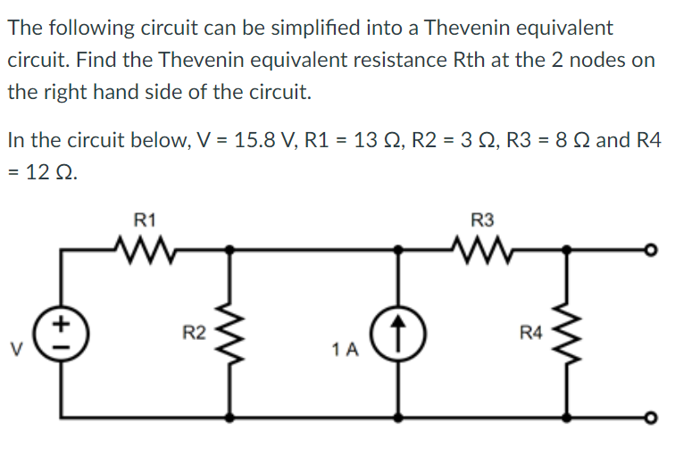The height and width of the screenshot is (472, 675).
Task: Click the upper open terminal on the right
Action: point(662,251)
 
